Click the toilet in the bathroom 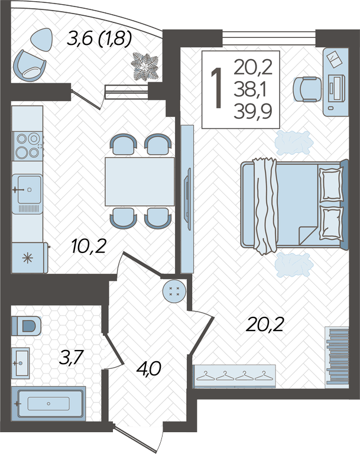(26, 326)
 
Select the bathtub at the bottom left (48, 403)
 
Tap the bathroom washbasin (21, 363)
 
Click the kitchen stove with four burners (28, 146)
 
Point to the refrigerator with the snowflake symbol (30, 258)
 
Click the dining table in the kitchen (140, 181)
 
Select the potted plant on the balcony (145, 67)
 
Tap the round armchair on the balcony (30, 66)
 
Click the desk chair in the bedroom (307, 89)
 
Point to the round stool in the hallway (174, 291)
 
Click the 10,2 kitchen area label (88, 247)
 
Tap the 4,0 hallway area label (148, 369)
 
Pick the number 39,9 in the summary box (253, 112)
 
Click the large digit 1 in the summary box (216, 89)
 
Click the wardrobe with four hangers (234, 376)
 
